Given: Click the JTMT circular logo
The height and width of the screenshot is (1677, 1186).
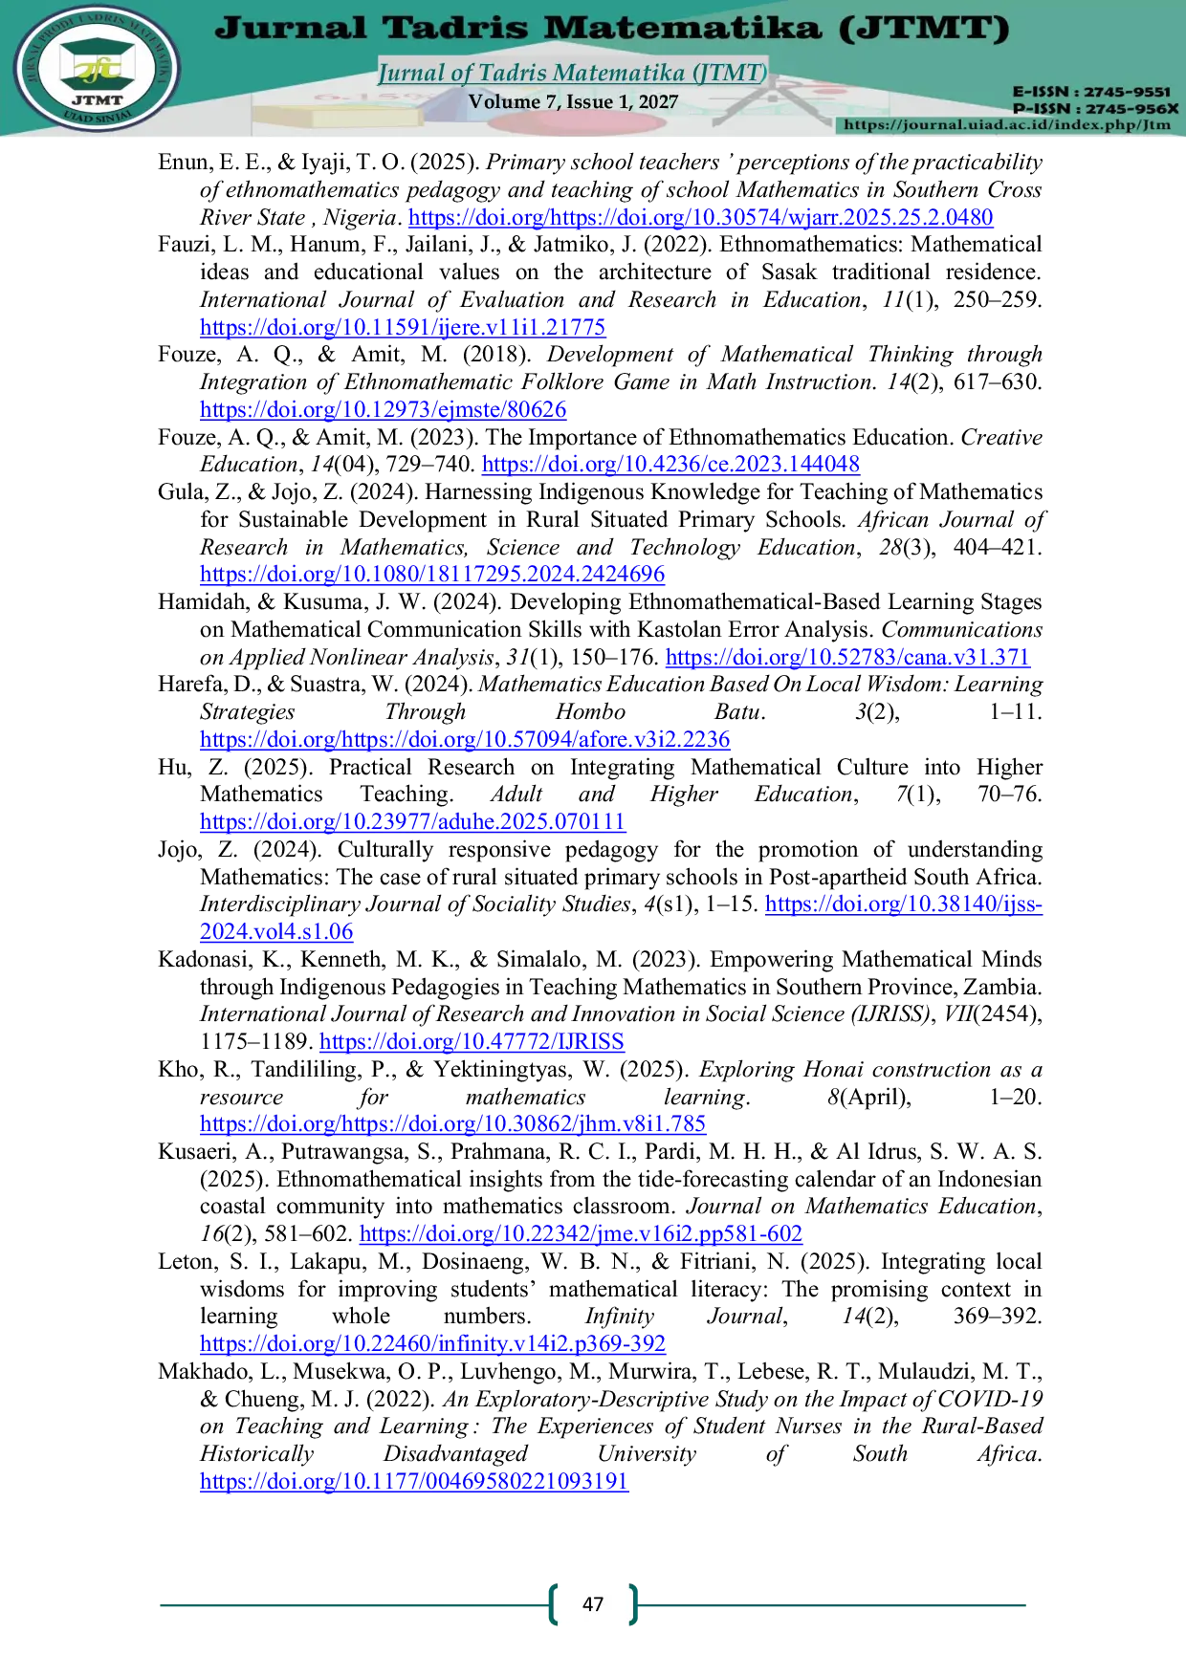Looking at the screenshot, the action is click(x=96, y=69).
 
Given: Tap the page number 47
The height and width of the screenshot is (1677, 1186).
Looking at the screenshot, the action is click(x=593, y=1604).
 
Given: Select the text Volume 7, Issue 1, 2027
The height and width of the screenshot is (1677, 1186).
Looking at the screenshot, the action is click(x=573, y=101).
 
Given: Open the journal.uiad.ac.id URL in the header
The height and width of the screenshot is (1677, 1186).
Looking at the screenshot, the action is click(x=1007, y=124).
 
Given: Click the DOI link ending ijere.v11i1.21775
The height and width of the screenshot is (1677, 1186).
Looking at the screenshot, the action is click(x=403, y=327).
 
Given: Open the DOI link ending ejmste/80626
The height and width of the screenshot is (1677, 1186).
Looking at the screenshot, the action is click(x=383, y=410).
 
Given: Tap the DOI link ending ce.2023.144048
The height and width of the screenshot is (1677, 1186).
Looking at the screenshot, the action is click(x=670, y=465).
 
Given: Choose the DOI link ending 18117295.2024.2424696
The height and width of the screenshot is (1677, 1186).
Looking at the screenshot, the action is click(x=432, y=575).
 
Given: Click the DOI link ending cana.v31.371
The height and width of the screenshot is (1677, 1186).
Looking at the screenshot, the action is click(x=847, y=657).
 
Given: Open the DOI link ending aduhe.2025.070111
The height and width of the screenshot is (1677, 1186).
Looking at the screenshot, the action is click(x=412, y=822).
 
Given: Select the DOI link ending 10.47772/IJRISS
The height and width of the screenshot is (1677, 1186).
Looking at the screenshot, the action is click(x=472, y=1042).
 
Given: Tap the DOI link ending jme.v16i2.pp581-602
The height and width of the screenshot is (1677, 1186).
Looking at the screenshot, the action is click(x=581, y=1234).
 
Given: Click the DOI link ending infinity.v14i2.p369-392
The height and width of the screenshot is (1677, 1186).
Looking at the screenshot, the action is click(x=432, y=1344).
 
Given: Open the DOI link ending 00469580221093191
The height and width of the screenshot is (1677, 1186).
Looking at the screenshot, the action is click(x=414, y=1482).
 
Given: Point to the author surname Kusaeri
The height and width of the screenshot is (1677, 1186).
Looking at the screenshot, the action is click(x=194, y=1152).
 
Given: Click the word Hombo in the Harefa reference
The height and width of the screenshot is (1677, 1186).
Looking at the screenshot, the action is click(x=590, y=712).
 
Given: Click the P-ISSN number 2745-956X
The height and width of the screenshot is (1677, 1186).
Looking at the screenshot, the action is click(x=1128, y=108).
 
